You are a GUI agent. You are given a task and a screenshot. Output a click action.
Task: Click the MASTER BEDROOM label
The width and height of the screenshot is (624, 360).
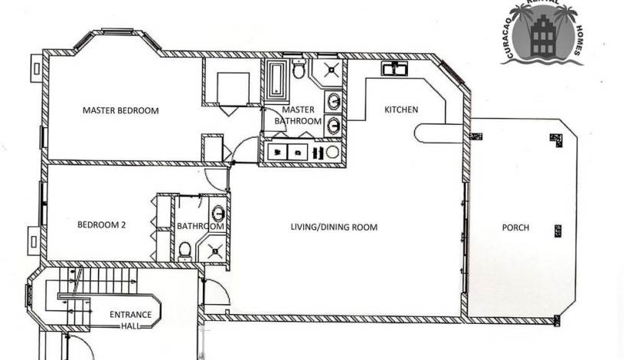pos(120,110)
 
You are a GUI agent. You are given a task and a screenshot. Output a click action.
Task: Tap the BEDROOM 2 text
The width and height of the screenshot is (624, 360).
pos(101,225)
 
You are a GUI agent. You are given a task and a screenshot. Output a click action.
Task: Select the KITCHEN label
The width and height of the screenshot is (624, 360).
pos(400,110)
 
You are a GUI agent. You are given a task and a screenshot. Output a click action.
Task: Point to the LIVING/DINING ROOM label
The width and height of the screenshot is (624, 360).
pos(333,227)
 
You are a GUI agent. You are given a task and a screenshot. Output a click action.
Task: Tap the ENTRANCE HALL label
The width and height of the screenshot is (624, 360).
pos(130,319)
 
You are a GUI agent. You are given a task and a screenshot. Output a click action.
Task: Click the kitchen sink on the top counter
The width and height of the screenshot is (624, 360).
pos(397,70)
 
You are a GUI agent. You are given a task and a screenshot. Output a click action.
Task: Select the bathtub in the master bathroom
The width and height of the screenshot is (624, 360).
pos(276,80)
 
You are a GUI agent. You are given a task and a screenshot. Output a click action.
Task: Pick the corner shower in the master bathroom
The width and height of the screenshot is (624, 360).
pos(331,71)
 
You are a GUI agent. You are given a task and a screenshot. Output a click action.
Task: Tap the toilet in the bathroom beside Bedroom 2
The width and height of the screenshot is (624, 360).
pos(185,249)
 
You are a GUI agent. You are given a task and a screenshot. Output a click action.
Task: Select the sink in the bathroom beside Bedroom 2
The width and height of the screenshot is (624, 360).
pos(218,213)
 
